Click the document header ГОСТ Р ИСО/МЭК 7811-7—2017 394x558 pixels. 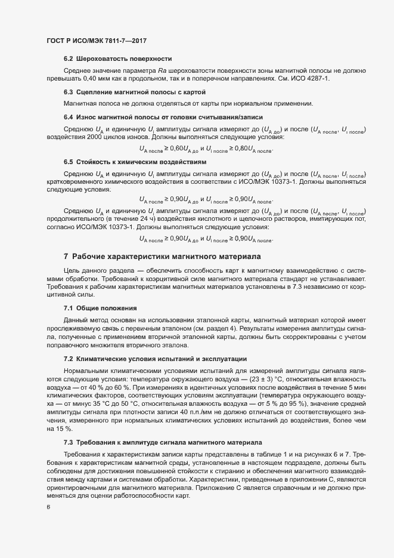click(x=96, y=41)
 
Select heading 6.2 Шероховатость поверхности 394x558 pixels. click(x=117, y=58)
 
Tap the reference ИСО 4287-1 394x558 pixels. click(x=307, y=78)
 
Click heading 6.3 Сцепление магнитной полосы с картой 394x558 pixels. click(x=134, y=92)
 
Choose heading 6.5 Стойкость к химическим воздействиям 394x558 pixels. click(x=135, y=162)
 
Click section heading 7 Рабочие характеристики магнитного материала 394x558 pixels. click(x=162, y=257)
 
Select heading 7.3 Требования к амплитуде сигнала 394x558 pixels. click(x=162, y=442)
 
